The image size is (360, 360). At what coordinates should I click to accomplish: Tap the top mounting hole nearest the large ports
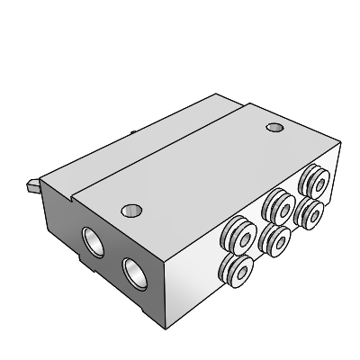point(131,211)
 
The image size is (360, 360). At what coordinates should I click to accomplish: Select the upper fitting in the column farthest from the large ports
point(313,178)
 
